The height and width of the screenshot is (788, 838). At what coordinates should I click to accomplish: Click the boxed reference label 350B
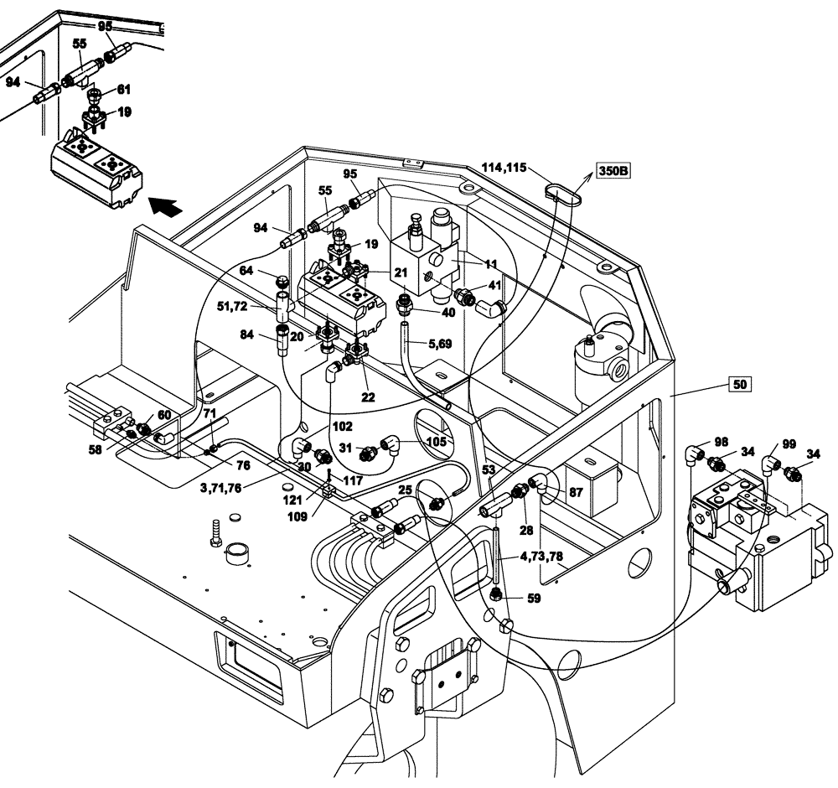pyautogui.click(x=612, y=171)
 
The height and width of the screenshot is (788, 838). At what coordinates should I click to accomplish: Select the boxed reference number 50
pyautogui.click(x=738, y=385)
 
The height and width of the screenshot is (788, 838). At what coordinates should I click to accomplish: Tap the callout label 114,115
pyautogui.click(x=504, y=168)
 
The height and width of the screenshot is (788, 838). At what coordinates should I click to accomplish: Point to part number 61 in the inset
pyautogui.click(x=123, y=89)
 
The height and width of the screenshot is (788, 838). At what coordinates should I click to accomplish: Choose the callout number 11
pyautogui.click(x=491, y=263)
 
